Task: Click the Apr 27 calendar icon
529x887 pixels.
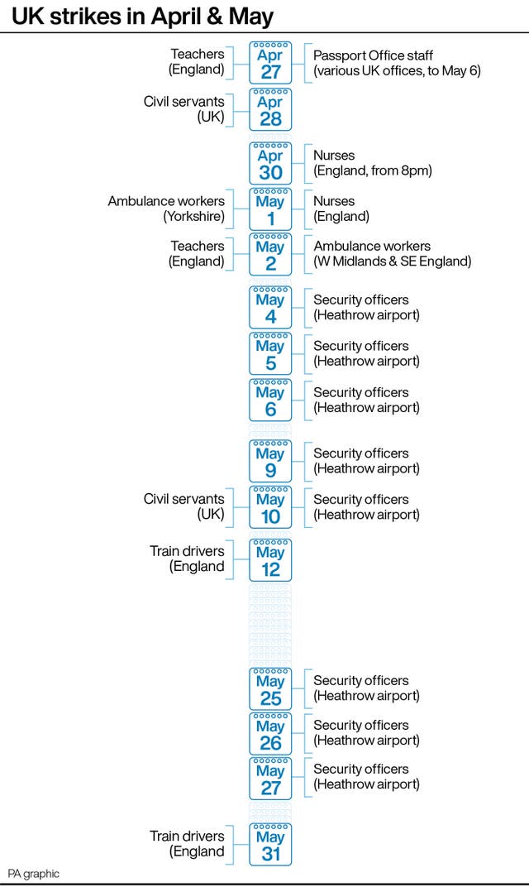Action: point(271,63)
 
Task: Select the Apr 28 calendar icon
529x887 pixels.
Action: point(271,110)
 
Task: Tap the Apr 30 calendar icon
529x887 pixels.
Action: point(271,164)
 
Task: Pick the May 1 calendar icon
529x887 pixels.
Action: point(271,209)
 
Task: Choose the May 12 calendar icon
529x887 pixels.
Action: point(271,561)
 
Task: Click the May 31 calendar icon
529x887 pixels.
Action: point(271,845)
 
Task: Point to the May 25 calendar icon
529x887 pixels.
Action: point(271,689)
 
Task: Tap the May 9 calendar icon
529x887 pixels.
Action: point(271,461)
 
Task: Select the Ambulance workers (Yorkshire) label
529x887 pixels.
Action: point(166,209)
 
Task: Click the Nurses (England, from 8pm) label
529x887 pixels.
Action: point(373,163)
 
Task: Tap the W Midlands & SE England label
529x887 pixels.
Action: point(393,261)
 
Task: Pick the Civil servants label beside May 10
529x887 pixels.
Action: point(183,506)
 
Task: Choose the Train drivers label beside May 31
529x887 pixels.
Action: point(187,843)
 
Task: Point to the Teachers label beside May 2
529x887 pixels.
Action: point(196,253)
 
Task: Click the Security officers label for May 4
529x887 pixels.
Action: point(366,307)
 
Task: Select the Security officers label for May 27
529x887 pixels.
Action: point(366,777)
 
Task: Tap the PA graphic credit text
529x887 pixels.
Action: point(33,874)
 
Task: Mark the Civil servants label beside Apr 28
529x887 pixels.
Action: point(183,109)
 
